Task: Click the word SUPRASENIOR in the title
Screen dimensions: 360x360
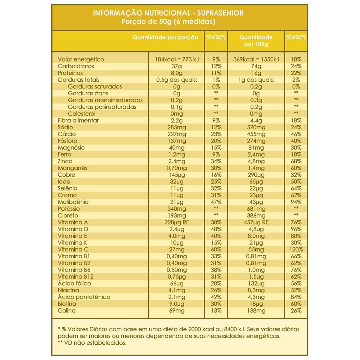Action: tap(220, 13)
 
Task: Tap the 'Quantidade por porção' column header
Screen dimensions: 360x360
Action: tap(165, 37)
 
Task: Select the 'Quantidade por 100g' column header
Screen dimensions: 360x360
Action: tap(256, 41)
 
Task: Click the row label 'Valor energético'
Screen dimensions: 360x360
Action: tap(81, 59)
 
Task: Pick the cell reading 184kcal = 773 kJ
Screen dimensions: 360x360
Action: tap(177, 59)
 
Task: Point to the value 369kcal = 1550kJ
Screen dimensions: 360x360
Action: tap(256, 59)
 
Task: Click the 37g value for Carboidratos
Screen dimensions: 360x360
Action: tap(177, 66)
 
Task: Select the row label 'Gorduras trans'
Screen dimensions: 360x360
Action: tap(88, 93)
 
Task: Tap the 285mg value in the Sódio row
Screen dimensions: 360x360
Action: tap(177, 127)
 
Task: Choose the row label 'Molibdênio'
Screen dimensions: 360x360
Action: tap(73, 202)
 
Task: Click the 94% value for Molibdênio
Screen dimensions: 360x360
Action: tap(296, 202)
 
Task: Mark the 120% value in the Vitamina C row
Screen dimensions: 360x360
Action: tap(296, 250)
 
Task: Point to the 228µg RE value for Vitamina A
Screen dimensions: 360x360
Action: tap(177, 222)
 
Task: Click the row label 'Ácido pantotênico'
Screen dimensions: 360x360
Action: tap(84, 297)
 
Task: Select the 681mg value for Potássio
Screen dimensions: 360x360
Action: tap(256, 209)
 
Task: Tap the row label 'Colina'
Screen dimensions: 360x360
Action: tap(67, 310)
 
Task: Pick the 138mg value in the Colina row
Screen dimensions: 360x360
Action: tap(256, 310)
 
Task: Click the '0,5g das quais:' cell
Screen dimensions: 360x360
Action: tap(177, 80)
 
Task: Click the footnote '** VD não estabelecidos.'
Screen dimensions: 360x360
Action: tap(92, 343)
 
